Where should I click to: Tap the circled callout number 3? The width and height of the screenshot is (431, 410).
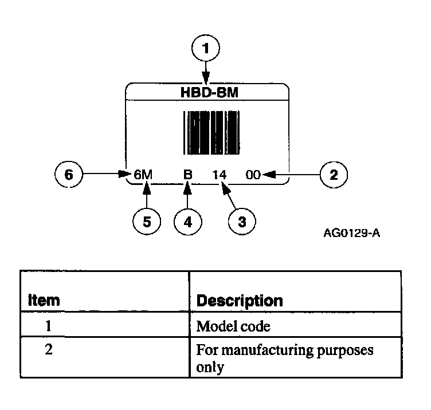click(241, 222)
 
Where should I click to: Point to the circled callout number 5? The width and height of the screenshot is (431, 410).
click(147, 222)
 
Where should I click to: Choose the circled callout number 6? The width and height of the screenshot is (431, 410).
click(69, 175)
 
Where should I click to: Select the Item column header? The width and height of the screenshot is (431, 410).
click(45, 300)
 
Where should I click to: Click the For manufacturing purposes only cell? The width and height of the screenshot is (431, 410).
click(284, 358)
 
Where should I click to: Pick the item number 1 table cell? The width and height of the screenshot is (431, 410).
click(49, 327)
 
